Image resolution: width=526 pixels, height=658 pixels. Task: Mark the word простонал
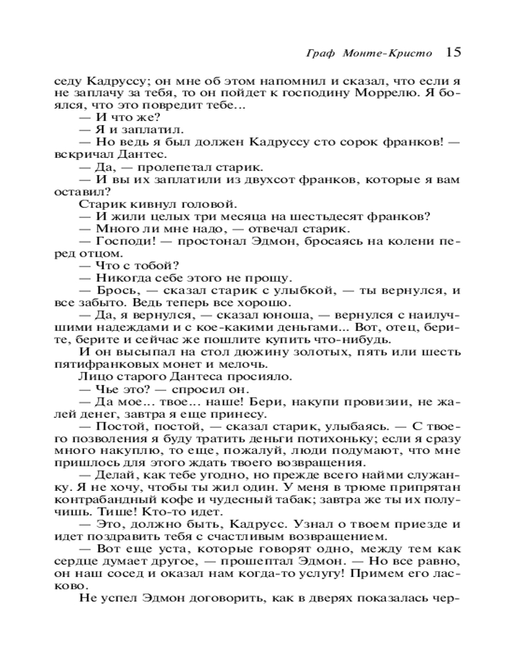203,241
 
